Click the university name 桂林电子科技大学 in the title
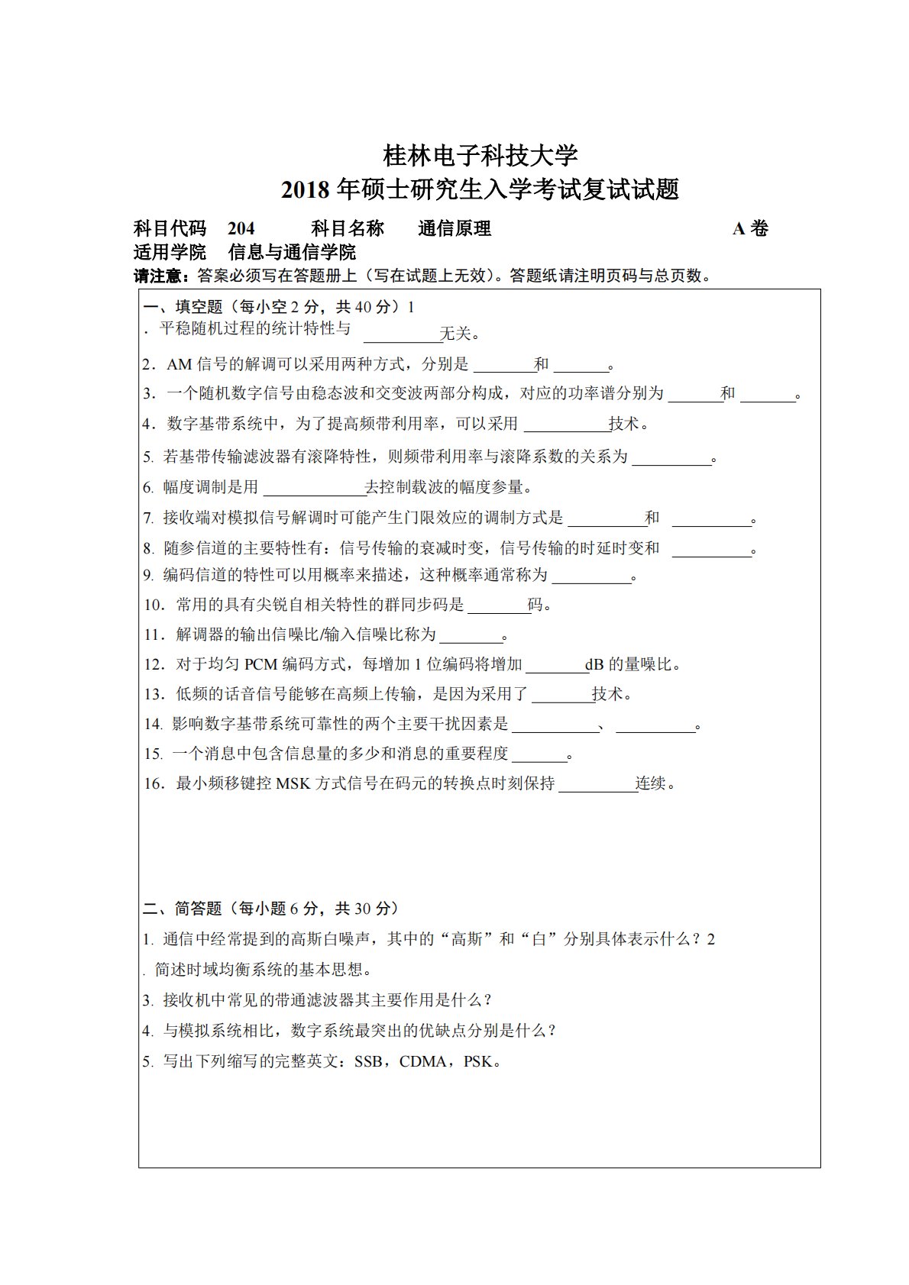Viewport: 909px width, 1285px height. [480, 156]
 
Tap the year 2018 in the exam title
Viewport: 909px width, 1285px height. [305, 190]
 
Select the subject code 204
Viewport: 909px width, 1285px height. [241, 228]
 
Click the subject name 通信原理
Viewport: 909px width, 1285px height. [454, 228]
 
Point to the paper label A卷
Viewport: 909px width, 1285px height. [750, 228]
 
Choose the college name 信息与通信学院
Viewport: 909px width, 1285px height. [293, 253]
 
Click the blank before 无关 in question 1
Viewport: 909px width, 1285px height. [401, 336]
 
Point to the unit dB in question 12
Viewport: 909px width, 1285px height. [595, 665]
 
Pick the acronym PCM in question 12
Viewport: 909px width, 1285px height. [261, 665]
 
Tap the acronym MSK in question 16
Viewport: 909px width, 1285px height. [293, 783]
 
